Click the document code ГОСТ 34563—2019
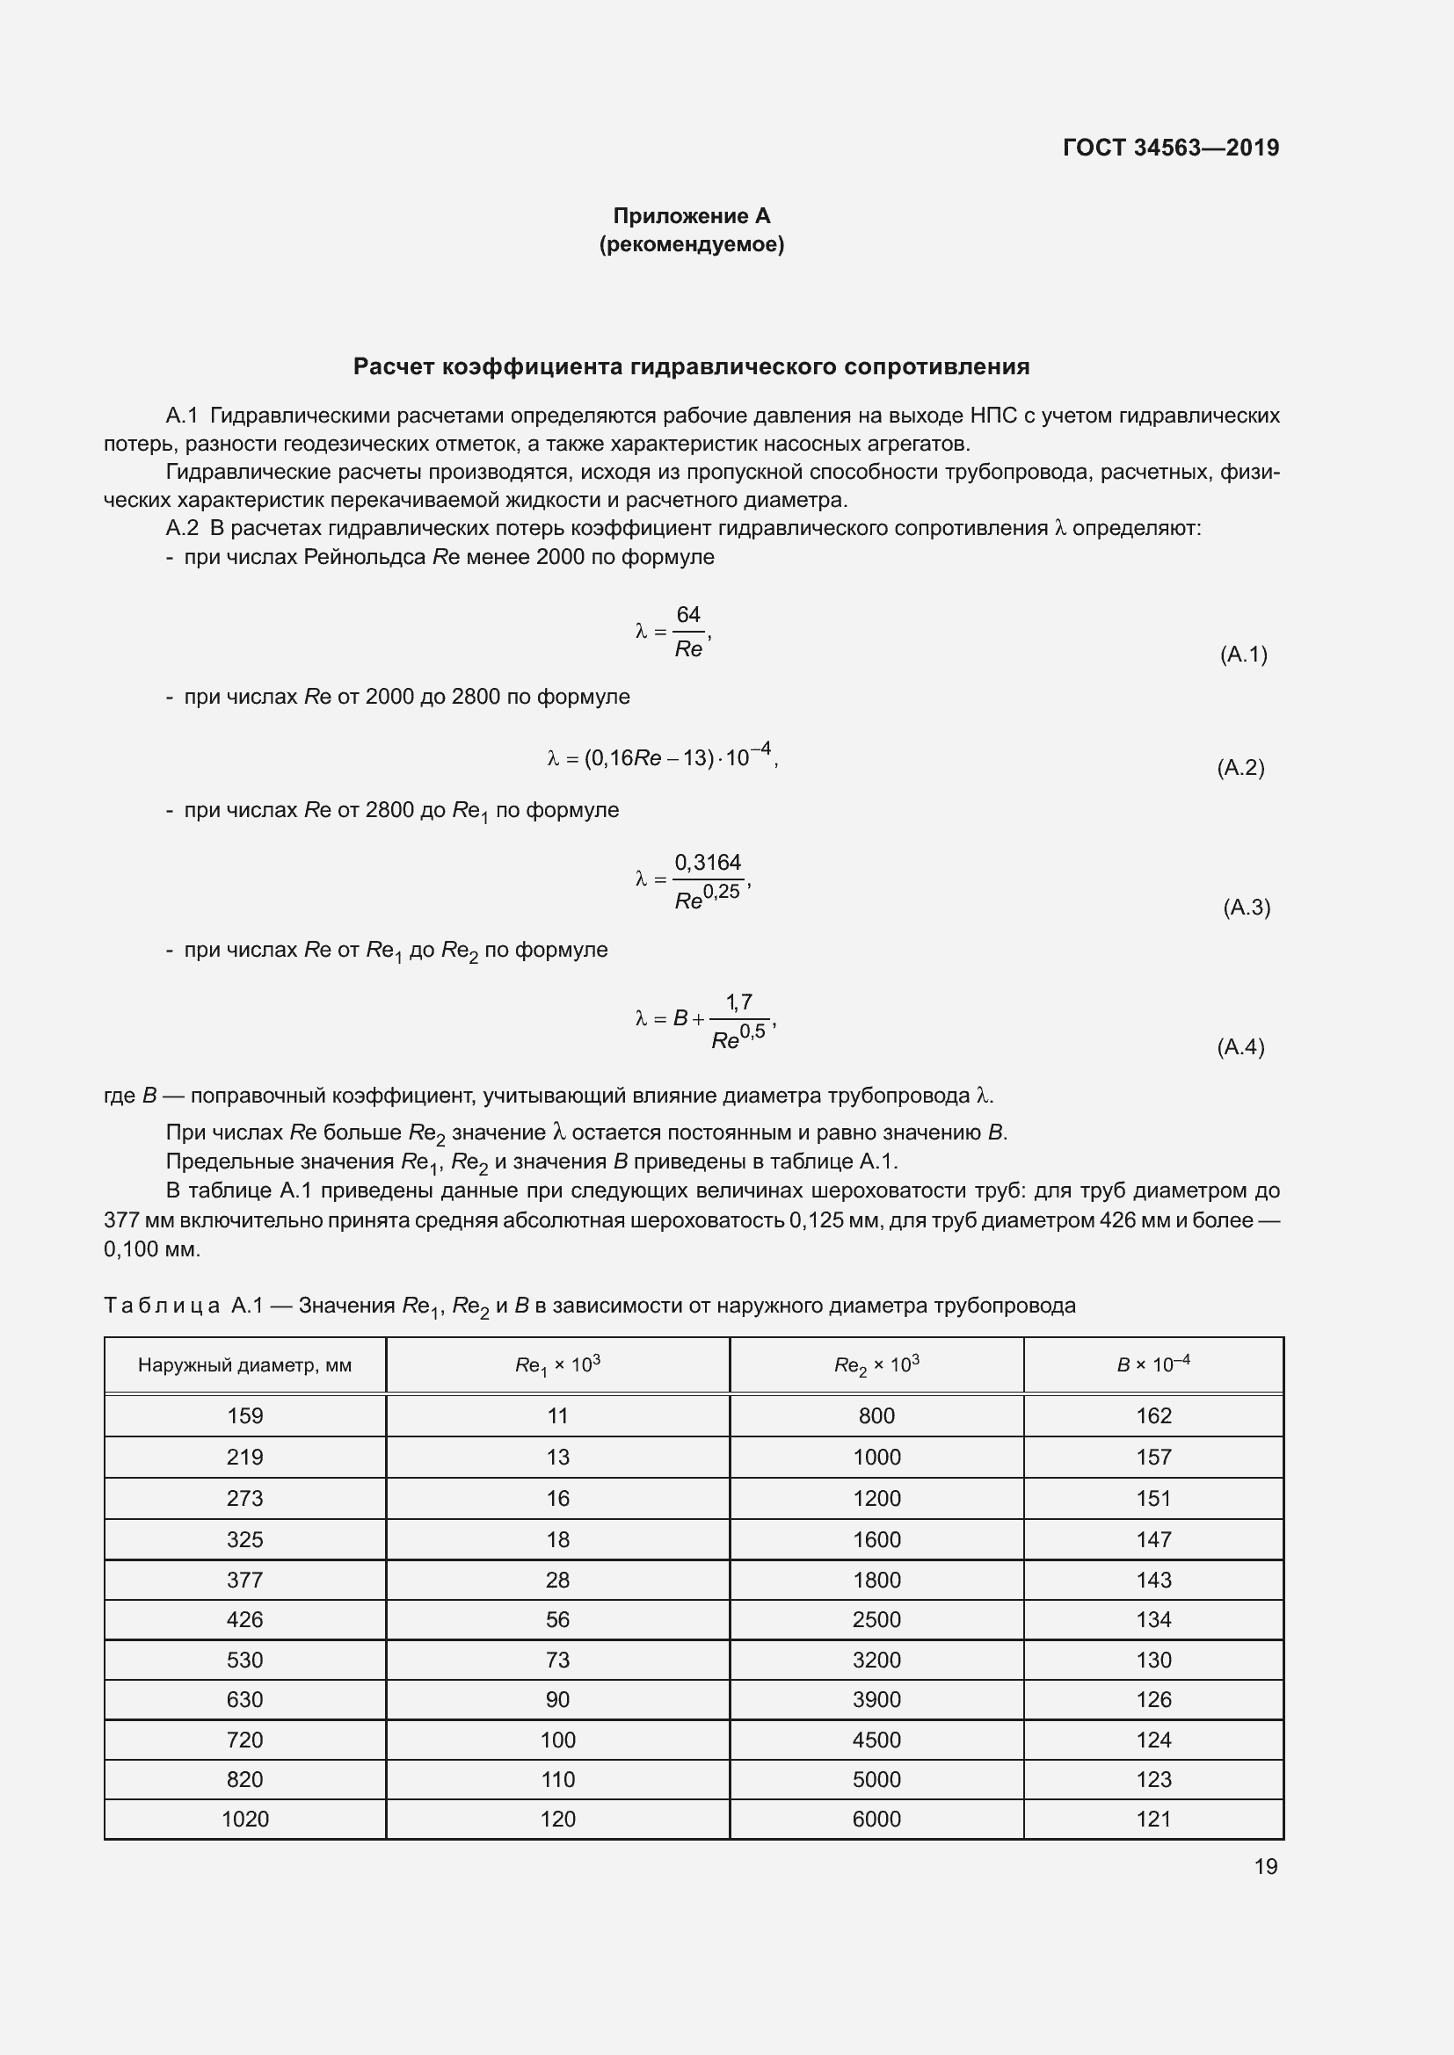[x=1170, y=148]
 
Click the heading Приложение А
[x=691, y=216]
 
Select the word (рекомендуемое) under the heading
[x=691, y=244]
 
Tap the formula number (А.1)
[x=1243, y=655]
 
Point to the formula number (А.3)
[x=1247, y=908]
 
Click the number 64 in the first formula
[x=687, y=615]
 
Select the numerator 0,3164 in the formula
[x=708, y=863]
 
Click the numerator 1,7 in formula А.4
[x=738, y=1002]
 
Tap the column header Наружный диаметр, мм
[x=244, y=1365]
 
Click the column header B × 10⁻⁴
[x=1153, y=1365]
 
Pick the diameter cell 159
[x=244, y=1416]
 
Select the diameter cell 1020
[x=244, y=1819]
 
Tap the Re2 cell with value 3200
[x=876, y=1661]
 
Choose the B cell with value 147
[x=1153, y=1539]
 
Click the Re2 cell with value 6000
[x=876, y=1819]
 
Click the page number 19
[x=1265, y=1866]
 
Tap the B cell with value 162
[x=1153, y=1416]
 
